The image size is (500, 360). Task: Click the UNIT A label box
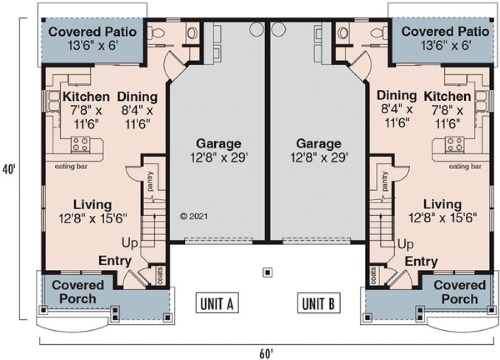(217, 304)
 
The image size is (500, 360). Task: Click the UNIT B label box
(316, 304)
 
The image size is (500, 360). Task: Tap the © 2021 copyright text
(194, 216)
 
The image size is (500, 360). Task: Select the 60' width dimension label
(266, 353)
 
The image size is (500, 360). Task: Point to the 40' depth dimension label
(9, 169)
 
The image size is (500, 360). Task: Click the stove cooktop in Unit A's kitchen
(81, 145)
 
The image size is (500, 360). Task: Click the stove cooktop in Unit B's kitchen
(454, 145)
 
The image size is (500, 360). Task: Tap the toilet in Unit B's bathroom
(342, 33)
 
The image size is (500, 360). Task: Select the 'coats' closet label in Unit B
(374, 274)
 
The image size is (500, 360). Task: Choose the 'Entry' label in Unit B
(421, 262)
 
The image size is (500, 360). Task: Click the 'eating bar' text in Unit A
(68, 166)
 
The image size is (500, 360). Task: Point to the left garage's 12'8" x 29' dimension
(219, 157)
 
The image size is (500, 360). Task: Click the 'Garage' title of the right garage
(319, 144)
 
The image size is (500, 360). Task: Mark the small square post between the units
(266, 272)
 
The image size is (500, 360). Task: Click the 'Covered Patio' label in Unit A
(93, 31)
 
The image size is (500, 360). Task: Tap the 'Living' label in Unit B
(443, 205)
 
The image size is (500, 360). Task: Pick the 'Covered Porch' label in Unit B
(460, 292)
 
